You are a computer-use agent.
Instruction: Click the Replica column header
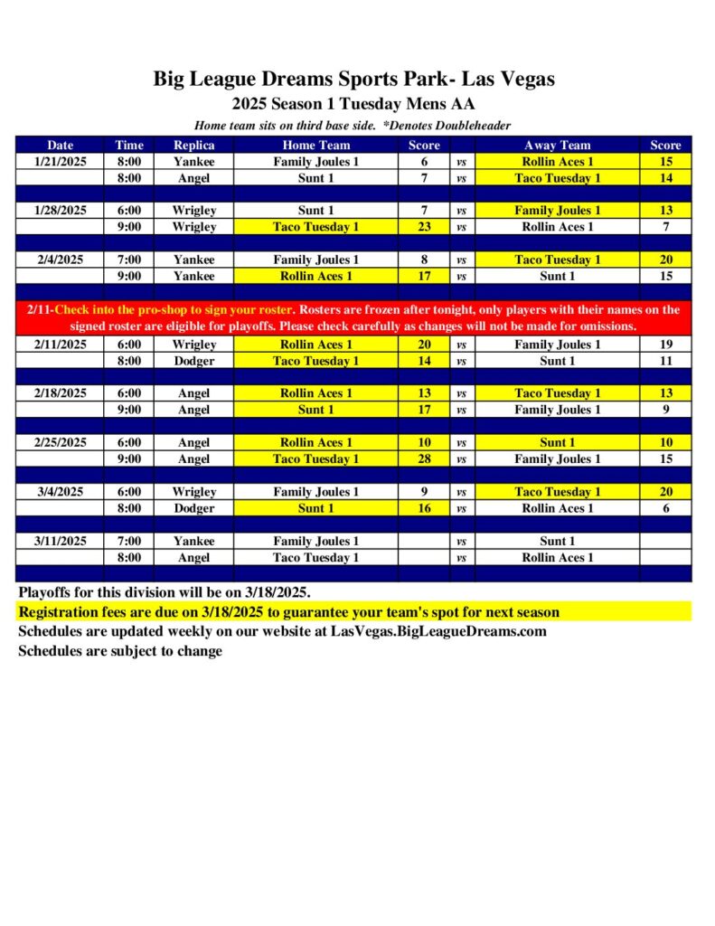[x=193, y=145]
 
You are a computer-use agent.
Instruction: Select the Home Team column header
[x=315, y=145]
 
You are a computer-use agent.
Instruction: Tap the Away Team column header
[x=557, y=145]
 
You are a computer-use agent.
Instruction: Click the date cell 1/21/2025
[x=61, y=162]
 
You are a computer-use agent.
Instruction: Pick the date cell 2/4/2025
[x=61, y=260]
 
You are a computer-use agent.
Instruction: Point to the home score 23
[x=424, y=227]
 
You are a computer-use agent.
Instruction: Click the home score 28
[x=424, y=459]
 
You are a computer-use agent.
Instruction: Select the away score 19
[x=665, y=345]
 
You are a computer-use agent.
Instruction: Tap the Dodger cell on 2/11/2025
[x=193, y=361]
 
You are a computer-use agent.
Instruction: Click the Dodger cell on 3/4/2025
[x=193, y=508]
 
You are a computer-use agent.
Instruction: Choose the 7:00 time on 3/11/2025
[x=129, y=541]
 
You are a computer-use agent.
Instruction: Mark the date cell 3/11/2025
[x=61, y=541]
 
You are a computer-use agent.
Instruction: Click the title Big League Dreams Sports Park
[x=353, y=79]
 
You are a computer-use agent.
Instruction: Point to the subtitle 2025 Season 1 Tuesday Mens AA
[x=353, y=104]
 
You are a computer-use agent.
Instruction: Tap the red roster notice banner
[x=353, y=317]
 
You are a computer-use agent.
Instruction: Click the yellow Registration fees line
[x=289, y=612]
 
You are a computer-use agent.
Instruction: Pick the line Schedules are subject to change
[x=120, y=651]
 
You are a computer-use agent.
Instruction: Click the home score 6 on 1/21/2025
[x=424, y=162]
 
